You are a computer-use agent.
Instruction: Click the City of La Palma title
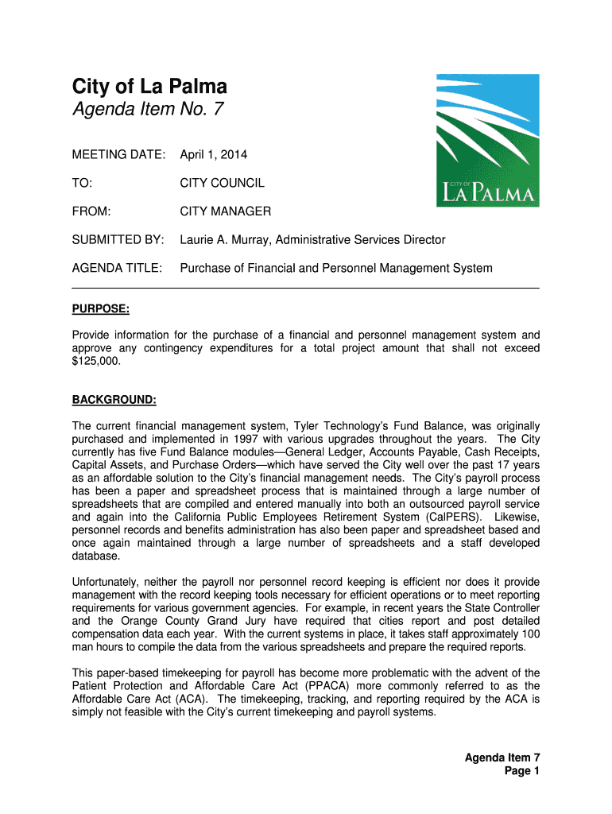(150, 87)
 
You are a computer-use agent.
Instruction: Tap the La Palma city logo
(487, 141)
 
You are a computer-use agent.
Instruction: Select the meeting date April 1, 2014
(214, 155)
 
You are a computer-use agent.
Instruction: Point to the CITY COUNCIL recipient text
(223, 184)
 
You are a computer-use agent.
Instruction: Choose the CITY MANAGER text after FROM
(226, 211)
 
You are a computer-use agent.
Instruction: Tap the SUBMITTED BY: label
(118, 240)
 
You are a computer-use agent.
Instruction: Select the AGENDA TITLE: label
(118, 268)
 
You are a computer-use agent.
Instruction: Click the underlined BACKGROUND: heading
(114, 399)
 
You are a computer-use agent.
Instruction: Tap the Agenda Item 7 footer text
(502, 758)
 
